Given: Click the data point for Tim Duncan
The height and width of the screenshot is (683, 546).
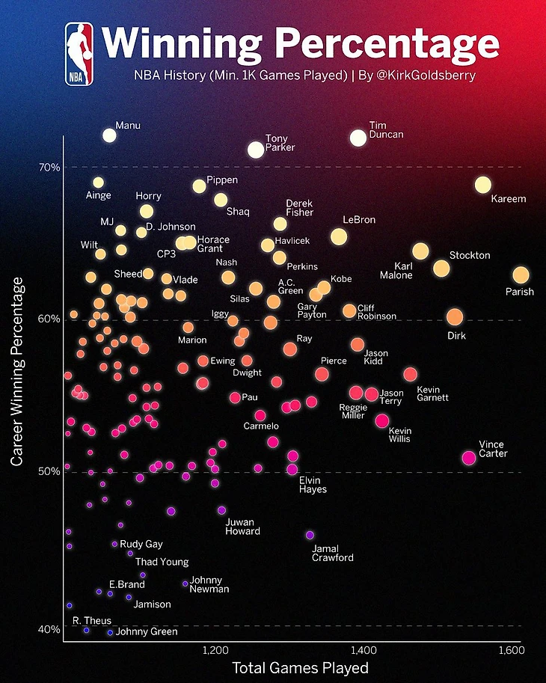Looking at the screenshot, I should (x=358, y=138).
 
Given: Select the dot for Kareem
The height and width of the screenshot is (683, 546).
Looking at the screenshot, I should (x=482, y=185).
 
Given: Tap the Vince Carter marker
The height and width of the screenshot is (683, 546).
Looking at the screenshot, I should (x=469, y=458).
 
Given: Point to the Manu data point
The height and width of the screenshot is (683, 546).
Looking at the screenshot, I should (x=109, y=135).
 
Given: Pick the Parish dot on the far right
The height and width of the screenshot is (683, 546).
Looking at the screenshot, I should (x=521, y=275).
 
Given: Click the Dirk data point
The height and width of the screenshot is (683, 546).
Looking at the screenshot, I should (x=455, y=317).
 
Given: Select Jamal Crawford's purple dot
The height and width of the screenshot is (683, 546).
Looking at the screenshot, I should (x=310, y=535).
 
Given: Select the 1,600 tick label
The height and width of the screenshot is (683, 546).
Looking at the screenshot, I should (x=510, y=649).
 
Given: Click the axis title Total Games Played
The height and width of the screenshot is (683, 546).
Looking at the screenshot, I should (x=300, y=667).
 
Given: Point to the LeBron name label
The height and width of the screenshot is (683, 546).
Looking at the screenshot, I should (x=359, y=220).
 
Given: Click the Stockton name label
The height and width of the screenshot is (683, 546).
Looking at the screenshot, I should (x=470, y=256).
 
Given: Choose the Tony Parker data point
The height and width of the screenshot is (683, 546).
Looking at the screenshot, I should (x=256, y=150).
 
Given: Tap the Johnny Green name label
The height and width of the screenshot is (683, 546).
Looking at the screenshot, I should (x=147, y=632).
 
